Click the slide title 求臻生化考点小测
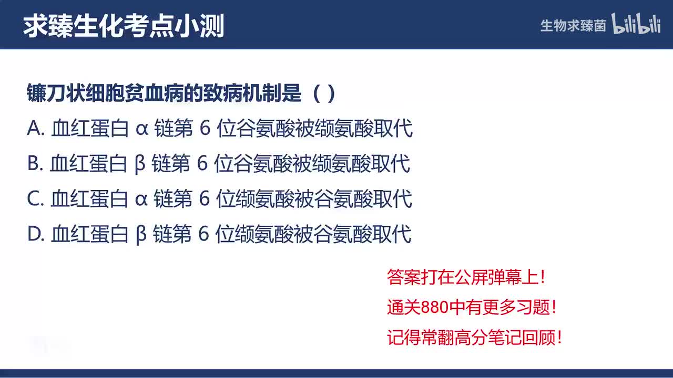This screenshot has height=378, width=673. coord(124,26)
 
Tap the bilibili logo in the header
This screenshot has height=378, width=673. coord(636,25)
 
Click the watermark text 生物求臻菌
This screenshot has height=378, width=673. coord(573,26)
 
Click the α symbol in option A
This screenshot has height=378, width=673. coord(142,129)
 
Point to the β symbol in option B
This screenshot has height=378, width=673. coord(140,164)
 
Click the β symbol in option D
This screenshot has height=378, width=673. coord(141,235)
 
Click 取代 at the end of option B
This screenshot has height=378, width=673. coord(391,164)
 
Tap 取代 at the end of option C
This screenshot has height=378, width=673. coord(393,199)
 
